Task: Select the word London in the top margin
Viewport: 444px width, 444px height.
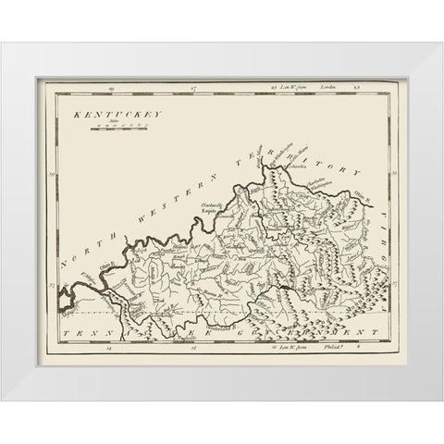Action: pyautogui.click(x=326, y=88)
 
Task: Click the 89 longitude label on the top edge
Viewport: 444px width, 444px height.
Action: pyautogui.click(x=109, y=88)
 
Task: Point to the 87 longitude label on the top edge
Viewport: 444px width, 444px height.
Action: pyautogui.click(x=191, y=88)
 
